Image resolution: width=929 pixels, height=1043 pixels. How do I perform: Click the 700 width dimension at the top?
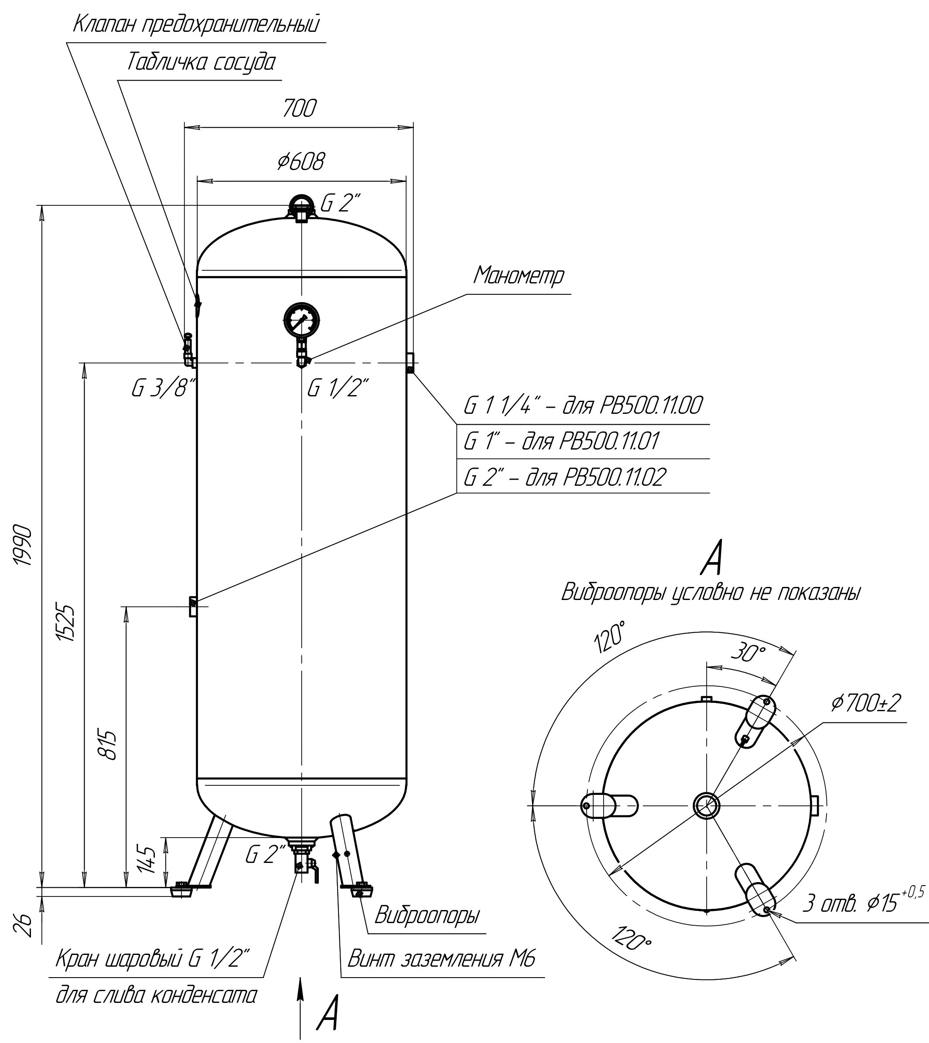coord(300,108)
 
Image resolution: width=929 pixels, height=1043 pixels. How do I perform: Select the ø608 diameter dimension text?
coord(301,162)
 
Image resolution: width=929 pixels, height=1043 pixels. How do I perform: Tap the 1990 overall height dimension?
coord(24,544)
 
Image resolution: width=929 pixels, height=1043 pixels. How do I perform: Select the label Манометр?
coord(519,276)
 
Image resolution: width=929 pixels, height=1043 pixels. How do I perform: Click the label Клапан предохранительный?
coord(197,24)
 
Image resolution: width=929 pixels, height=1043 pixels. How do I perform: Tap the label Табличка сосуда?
coord(200,62)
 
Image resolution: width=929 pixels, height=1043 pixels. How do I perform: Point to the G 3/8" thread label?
coord(164,389)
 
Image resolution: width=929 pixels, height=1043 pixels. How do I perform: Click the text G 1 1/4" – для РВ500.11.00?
coord(582,406)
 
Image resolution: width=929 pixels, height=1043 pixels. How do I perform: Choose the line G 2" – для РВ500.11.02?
coord(564,477)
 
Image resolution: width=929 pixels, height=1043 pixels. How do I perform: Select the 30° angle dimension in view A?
coord(748,653)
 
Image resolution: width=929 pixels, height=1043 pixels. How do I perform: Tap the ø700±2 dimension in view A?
coord(866,703)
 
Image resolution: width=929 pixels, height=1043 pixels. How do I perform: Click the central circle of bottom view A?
coord(707,806)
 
